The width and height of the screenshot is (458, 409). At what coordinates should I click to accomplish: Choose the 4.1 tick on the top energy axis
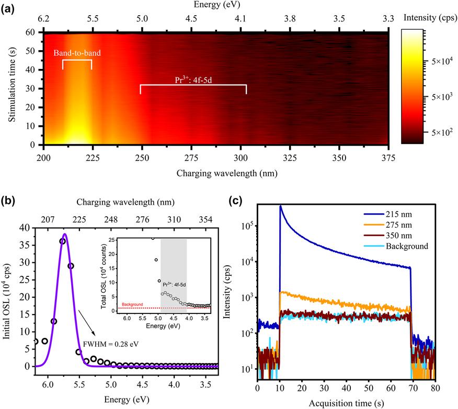pyautogui.click(x=241, y=19)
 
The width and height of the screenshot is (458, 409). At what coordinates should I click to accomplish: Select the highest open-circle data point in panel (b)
pyautogui.click(x=63, y=241)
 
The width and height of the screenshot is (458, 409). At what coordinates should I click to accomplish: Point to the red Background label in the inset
pyautogui.click(x=132, y=303)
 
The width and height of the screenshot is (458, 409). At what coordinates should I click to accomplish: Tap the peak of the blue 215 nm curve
pyautogui.click(x=280, y=206)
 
